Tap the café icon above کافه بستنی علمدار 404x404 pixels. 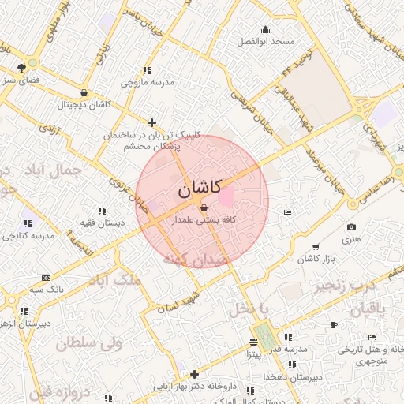point(204,208)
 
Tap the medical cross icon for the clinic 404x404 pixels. point(151,122)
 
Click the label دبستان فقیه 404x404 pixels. point(102,223)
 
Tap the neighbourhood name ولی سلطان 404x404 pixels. point(86,343)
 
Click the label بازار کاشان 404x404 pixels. point(318,259)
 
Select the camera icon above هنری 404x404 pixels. point(351,227)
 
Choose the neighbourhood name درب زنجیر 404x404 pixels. point(343,285)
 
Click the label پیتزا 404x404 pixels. point(252,354)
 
